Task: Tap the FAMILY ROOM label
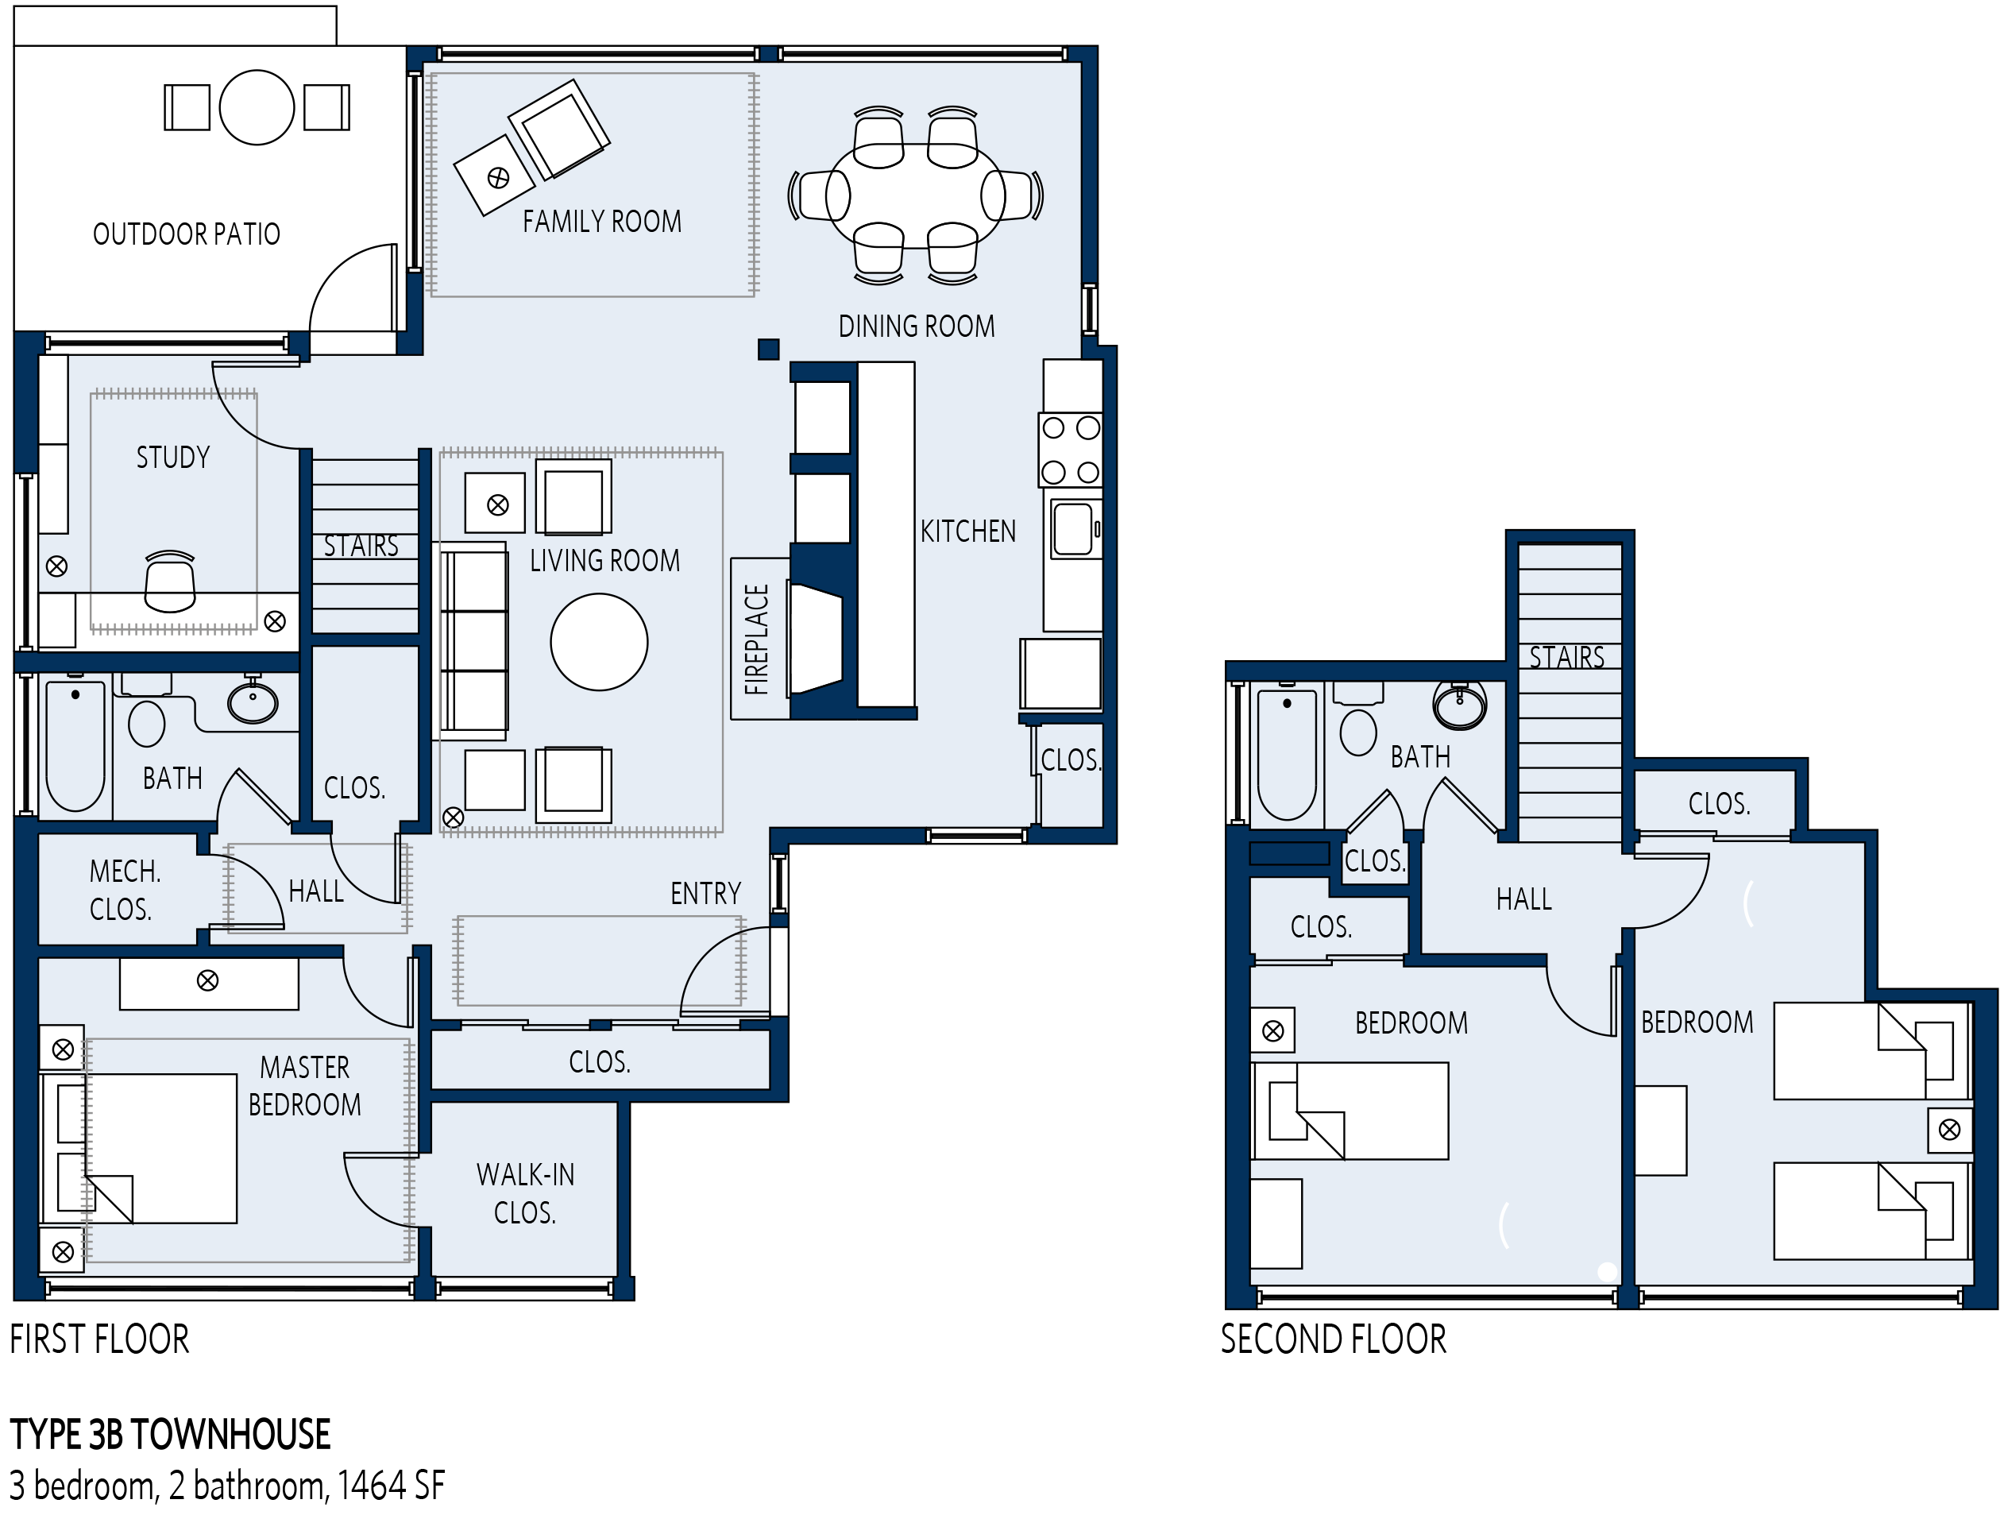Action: tap(601, 221)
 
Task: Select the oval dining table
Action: tap(916, 195)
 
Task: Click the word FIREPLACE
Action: tap(756, 639)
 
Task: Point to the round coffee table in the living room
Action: tap(599, 642)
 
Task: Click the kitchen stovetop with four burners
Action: tap(1070, 450)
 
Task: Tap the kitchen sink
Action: tap(1074, 529)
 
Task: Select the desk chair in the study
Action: tap(169, 582)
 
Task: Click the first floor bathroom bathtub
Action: tap(75, 746)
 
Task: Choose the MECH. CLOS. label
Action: tap(125, 890)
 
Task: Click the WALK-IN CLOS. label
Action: tap(526, 1193)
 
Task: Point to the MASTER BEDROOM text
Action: tap(304, 1085)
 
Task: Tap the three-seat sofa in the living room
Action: tap(474, 640)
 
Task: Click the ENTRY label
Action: tap(706, 894)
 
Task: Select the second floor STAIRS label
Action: tap(1566, 657)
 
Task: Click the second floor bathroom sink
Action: tap(1460, 704)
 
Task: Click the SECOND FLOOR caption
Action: tap(1334, 1339)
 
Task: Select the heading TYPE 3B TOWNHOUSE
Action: tap(170, 1434)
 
